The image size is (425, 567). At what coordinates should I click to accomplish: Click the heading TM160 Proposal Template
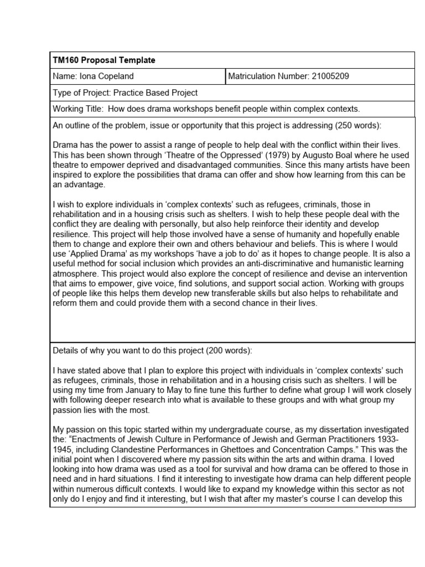(x=104, y=60)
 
